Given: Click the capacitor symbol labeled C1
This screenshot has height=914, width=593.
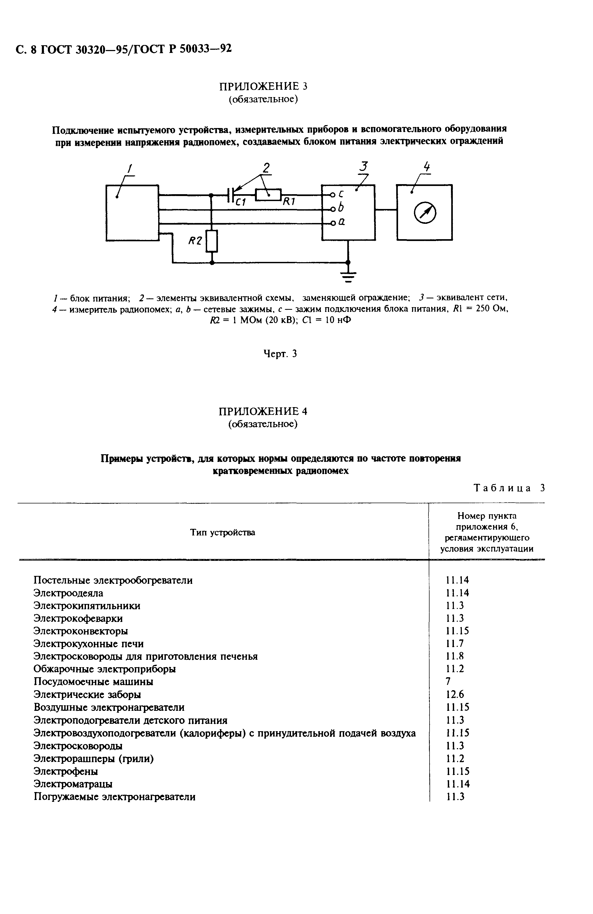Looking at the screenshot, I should coord(230,195).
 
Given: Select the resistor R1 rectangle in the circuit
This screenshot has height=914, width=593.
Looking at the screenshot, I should coord(268,195).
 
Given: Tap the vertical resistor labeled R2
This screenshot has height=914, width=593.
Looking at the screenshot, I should coord(211,241).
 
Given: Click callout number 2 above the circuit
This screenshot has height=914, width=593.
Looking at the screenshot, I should coord(266,167).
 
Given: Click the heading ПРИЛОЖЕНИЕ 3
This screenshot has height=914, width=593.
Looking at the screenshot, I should coord(263,86).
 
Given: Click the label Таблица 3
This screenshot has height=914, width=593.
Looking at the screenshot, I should coord(509,488).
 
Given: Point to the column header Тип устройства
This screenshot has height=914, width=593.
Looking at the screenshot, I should coord(222,532).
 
